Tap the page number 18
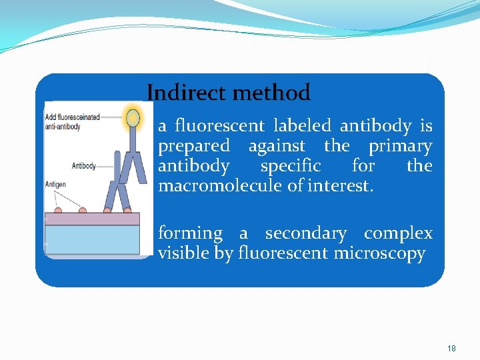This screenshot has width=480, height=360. (x=451, y=349)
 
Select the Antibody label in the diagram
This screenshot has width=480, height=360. (x=84, y=166)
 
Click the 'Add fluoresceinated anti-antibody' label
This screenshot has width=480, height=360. (x=72, y=121)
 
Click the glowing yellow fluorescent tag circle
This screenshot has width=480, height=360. (x=133, y=118)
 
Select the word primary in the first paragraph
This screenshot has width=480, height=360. (x=400, y=146)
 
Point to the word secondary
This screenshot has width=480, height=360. (x=305, y=233)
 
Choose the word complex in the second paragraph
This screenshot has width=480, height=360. (x=398, y=233)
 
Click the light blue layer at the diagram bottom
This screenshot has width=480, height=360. (x=91, y=240)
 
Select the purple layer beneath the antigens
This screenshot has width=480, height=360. (x=91, y=219)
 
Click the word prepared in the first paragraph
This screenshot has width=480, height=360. (x=193, y=146)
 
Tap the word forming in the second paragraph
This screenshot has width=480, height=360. (x=190, y=233)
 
